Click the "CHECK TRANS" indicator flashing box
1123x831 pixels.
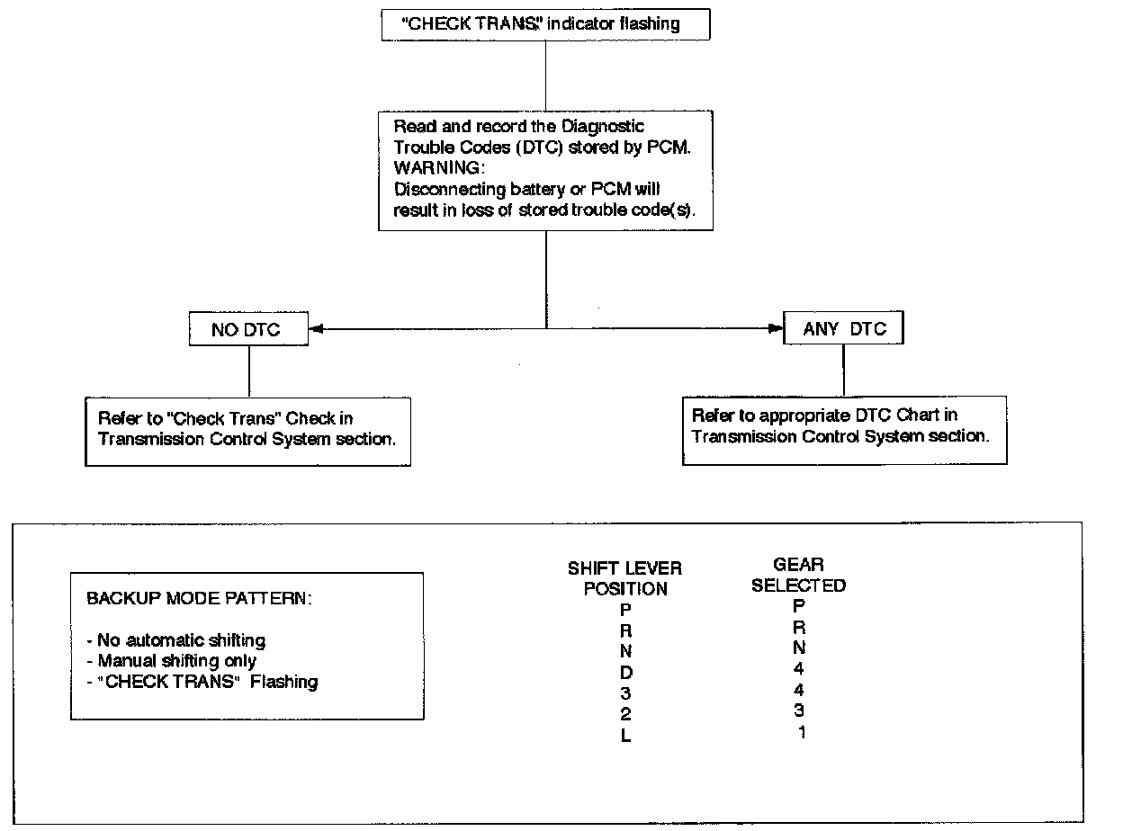click(546, 24)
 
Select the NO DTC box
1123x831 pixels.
click(248, 329)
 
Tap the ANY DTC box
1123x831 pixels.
click(843, 328)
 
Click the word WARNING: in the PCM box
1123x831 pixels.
click(439, 167)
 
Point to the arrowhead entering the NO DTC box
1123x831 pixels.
click(316, 329)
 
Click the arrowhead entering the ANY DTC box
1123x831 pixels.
click(776, 328)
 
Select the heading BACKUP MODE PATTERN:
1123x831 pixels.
click(199, 599)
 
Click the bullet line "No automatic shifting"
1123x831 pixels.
click(176, 640)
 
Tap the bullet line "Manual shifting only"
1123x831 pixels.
click(172, 661)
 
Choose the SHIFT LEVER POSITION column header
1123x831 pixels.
click(624, 578)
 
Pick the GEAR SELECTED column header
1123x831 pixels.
click(798, 575)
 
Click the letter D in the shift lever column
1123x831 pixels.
click(626, 673)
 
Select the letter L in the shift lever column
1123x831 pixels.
click(625, 736)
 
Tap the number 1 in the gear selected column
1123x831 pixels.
click(802, 732)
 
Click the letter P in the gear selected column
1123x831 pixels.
click(799, 606)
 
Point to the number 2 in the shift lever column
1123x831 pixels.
click(625, 714)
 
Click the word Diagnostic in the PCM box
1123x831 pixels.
click(603, 127)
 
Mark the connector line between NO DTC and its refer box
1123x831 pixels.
click(249, 371)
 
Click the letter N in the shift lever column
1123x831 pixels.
click(625, 651)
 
